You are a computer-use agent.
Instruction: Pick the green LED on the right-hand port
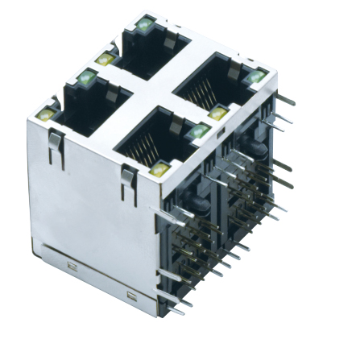click(257, 77)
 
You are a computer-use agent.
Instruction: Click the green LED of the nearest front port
click(198, 131)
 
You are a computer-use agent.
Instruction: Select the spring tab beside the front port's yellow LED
click(127, 182)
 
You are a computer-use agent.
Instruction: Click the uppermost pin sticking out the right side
click(283, 102)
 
